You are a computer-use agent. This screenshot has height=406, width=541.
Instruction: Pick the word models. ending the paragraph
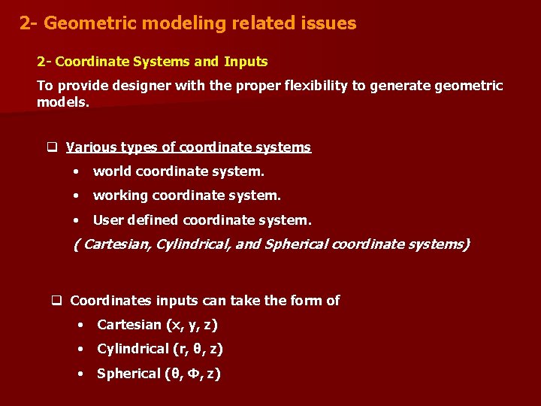click(x=62, y=101)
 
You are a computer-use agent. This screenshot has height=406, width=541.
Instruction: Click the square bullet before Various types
click(x=53, y=147)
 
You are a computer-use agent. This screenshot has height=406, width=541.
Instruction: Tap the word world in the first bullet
click(x=112, y=171)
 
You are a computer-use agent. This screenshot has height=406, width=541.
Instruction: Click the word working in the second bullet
click(x=120, y=195)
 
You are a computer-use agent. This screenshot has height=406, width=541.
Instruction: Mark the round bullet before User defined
click(x=77, y=220)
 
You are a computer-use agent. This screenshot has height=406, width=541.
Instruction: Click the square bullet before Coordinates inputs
click(x=56, y=301)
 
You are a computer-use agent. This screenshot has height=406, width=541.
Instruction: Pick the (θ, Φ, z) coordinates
click(x=193, y=374)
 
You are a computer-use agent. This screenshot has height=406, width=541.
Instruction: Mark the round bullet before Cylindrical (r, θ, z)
click(x=80, y=349)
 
